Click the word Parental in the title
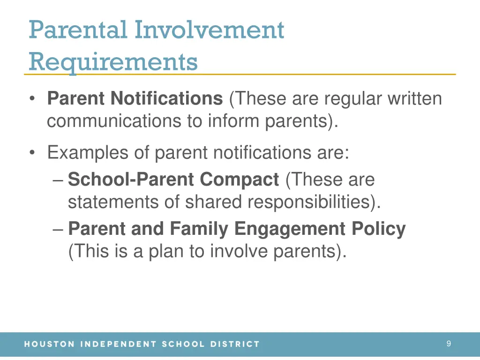tap(78, 30)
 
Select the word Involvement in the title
tap(209, 30)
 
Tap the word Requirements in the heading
tap(113, 61)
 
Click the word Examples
tap(87, 153)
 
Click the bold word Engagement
tap(290, 229)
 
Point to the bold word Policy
tap(379, 229)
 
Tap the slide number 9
tap(449, 344)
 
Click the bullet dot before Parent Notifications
tap(32, 99)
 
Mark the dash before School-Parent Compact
tap(58, 180)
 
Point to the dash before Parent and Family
tap(58, 229)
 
